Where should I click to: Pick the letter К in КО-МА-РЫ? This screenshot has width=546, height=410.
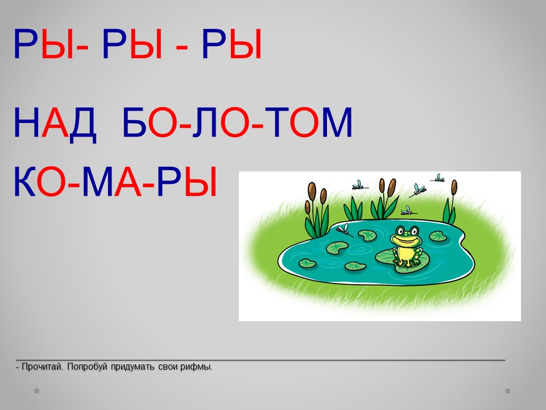[x=24, y=182]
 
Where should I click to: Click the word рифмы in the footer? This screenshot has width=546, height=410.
[x=196, y=367]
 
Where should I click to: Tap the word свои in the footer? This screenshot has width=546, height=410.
[x=167, y=367]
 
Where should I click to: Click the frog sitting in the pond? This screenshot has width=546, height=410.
[x=406, y=246]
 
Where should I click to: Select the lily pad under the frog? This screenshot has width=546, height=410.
[x=401, y=260]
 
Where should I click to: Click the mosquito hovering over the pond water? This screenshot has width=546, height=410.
[x=345, y=229]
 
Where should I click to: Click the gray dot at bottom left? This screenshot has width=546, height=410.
[x=36, y=391]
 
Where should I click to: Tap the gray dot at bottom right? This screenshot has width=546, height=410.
[x=507, y=391]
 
